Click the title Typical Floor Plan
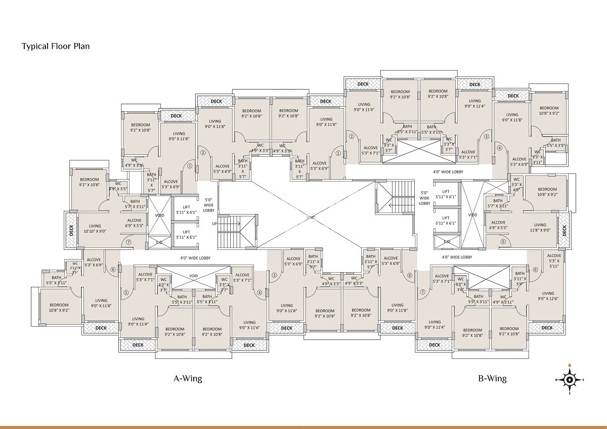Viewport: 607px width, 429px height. (x=56, y=47)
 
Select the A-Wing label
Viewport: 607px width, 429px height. (x=188, y=378)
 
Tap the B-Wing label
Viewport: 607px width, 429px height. (x=492, y=378)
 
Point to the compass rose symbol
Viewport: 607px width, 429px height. (x=569, y=379)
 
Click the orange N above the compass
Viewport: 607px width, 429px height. (x=569, y=366)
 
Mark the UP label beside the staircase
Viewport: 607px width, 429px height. (x=214, y=223)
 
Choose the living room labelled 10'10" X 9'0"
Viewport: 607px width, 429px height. (x=95, y=229)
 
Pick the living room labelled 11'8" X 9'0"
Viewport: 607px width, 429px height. (x=540, y=228)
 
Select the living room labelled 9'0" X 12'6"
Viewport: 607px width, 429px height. (x=548, y=296)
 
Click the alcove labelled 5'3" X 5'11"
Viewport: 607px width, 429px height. (x=554, y=261)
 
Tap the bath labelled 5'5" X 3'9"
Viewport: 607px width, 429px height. (x=555, y=143)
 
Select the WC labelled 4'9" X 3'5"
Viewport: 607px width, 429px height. (x=117, y=186)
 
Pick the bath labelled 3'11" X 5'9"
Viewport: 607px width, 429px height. (x=519, y=281)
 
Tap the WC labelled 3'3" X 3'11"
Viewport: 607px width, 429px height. (x=537, y=157)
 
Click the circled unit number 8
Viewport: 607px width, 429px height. (x=409, y=275)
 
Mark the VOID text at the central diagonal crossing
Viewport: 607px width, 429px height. (x=311, y=217)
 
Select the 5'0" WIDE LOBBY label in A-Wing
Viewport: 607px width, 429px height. (x=209, y=205)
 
